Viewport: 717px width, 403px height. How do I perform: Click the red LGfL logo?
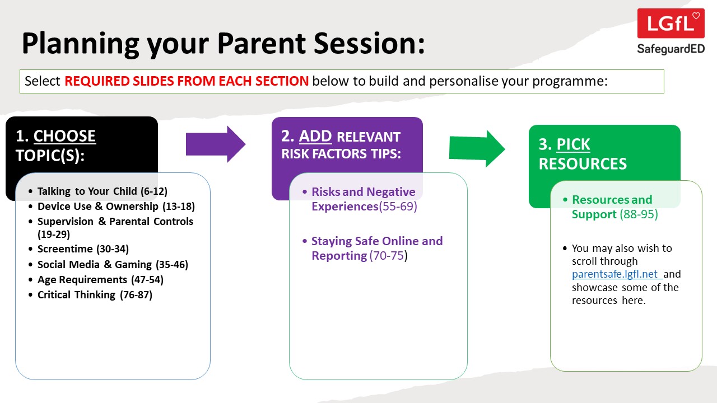point(671,24)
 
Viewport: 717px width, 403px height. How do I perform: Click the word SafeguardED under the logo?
point(671,49)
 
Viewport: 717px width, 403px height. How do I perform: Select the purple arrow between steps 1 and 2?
point(216,144)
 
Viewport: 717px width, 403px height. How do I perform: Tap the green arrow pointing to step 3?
point(477,148)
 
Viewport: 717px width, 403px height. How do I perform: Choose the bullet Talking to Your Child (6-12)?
point(102,191)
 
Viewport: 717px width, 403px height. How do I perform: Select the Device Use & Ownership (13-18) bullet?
point(116,207)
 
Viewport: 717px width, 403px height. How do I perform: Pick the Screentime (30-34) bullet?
point(83,250)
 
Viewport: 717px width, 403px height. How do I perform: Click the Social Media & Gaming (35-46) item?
point(113,265)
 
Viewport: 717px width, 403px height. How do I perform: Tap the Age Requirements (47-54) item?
point(100,280)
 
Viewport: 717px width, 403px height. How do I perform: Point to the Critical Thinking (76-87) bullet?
point(95,295)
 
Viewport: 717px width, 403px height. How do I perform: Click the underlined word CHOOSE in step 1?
point(64,137)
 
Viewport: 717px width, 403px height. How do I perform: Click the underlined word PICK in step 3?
point(573,145)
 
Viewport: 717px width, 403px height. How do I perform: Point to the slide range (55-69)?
point(398,207)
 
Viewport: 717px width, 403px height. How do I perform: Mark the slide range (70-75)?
point(388,256)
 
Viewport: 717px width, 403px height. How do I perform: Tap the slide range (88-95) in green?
point(639,214)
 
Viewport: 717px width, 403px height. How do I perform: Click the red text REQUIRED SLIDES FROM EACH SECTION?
point(187,81)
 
